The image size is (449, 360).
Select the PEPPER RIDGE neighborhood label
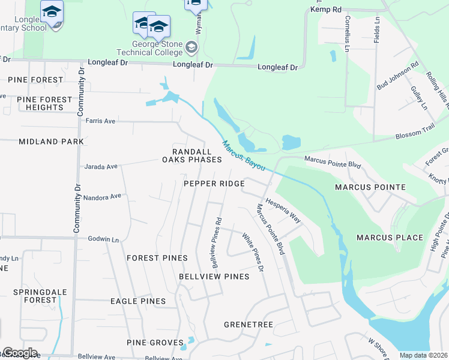[214, 184]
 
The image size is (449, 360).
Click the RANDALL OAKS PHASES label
[192, 155]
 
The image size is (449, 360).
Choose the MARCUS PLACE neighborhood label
[390, 238]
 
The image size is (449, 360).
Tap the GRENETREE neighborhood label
[249, 325]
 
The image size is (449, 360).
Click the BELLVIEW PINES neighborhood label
[214, 277]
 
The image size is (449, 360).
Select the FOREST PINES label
[157, 258]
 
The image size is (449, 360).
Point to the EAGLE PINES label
[138, 301]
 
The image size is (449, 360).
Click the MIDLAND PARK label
[51, 142]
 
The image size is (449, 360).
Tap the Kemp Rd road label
[325, 10]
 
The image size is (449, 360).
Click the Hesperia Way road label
[283, 211]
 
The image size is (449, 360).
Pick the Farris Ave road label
[100, 121]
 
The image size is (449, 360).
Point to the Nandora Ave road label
[103, 196]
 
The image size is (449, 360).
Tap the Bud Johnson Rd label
[397, 77]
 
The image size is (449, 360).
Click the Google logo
[20, 353]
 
